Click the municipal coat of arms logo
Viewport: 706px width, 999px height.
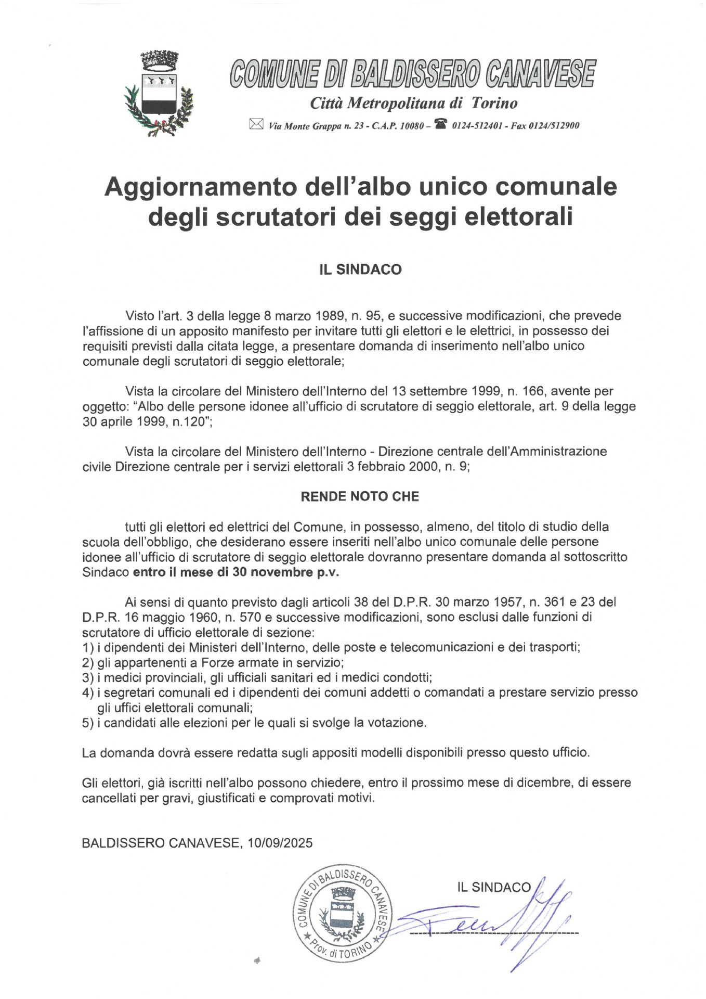(159, 94)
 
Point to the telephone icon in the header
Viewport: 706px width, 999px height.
(441, 124)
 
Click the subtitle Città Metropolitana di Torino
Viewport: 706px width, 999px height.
(413, 103)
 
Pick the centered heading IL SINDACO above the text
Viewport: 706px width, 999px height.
(360, 270)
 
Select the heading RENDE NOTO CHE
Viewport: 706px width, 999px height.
(360, 496)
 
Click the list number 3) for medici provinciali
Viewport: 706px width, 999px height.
(87, 678)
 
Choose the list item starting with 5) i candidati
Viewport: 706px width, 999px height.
(254, 723)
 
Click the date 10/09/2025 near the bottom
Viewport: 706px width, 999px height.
(280, 843)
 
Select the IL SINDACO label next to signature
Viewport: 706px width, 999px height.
(494, 888)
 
